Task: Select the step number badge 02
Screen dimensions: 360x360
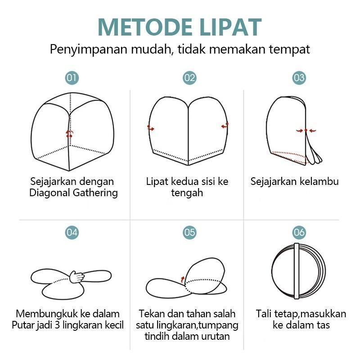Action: pos(189,78)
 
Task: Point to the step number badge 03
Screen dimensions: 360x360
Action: pos(299,78)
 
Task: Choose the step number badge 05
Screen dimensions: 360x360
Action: pos(189,232)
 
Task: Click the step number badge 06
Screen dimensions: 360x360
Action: pos(299,232)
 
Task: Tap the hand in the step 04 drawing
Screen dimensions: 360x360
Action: pos(77,276)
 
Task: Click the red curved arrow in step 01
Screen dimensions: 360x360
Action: pos(69,133)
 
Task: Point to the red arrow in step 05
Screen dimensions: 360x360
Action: pos(182,279)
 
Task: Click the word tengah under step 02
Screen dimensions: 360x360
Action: pos(187,193)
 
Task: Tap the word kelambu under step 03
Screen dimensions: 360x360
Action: pos(321,182)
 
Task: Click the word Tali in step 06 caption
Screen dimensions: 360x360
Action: pos(264,314)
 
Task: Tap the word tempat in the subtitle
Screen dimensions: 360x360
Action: pos(291,49)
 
